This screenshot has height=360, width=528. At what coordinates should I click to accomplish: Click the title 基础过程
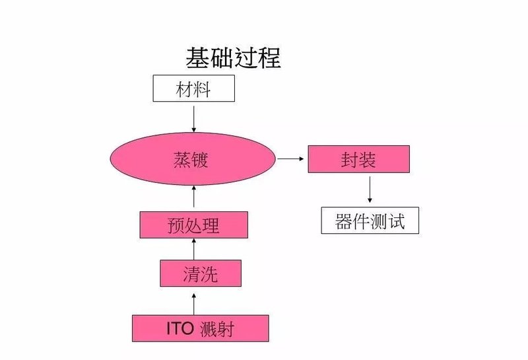click(234, 58)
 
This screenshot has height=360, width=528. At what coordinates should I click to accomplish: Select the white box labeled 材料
click(193, 89)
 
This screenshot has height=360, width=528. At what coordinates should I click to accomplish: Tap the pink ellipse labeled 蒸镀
click(192, 159)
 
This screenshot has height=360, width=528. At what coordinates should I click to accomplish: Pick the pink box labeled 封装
click(358, 159)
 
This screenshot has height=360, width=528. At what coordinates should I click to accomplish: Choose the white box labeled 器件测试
click(370, 221)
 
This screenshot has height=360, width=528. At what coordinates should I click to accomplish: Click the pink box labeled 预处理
click(193, 225)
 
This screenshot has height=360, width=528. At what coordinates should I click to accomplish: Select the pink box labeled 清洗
click(201, 273)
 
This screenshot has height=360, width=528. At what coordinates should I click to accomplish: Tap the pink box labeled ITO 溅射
click(201, 328)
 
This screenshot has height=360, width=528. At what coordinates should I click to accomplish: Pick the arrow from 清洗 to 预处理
click(193, 249)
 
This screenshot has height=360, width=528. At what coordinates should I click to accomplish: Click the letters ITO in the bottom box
click(181, 328)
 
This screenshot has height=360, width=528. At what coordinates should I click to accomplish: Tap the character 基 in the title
click(198, 58)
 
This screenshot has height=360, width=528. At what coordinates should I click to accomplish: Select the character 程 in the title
click(269, 58)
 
